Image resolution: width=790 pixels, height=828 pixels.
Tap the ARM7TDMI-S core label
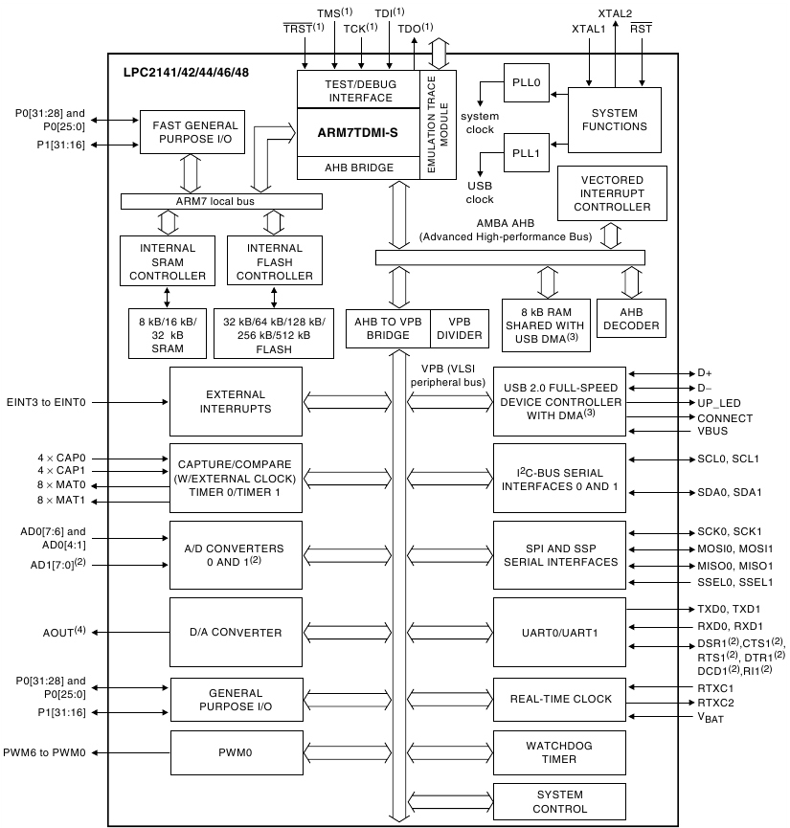click(357, 134)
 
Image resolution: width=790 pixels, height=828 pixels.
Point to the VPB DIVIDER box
click(461, 328)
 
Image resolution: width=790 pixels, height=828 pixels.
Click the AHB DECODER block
click(631, 319)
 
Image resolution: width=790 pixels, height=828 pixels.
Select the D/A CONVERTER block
click(235, 632)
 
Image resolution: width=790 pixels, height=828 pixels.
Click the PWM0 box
click(235, 752)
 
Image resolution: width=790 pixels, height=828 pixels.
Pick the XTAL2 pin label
click(615, 13)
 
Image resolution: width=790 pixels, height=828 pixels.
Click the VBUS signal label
click(714, 432)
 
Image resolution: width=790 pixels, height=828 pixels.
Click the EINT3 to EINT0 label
click(46, 403)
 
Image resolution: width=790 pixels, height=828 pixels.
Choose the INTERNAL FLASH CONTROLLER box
click(274, 262)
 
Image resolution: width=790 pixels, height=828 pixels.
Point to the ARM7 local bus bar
click(221, 201)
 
